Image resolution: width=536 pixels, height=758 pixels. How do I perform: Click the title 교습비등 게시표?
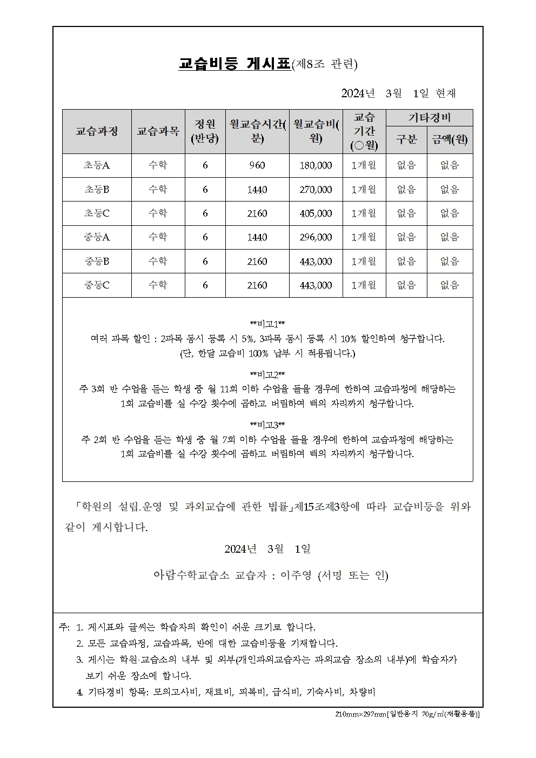[234, 64]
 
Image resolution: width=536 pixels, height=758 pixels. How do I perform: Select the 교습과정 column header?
[97, 131]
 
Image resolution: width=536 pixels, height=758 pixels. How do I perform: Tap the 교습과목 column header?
[158, 131]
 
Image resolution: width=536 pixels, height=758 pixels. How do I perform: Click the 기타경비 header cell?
[429, 118]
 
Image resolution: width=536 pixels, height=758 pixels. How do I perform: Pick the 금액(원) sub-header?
[450, 139]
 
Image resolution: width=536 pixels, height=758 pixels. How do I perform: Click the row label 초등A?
[97, 165]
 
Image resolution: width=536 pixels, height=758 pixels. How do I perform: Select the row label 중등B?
[97, 261]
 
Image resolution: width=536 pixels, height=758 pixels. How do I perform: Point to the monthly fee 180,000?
[316, 165]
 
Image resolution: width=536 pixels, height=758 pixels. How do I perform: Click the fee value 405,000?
[316, 213]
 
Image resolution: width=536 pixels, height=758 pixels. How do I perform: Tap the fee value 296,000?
[316, 237]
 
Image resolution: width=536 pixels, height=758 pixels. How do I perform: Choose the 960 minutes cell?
[257, 165]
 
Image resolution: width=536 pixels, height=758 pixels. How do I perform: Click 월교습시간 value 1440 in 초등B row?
[257, 190]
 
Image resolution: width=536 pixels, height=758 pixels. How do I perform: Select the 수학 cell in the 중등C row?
[158, 285]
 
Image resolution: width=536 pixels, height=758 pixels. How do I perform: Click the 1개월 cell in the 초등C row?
[364, 213]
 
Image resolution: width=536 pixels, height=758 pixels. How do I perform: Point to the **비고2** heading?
[267, 374]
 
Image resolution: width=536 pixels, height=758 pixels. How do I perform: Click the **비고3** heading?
[267, 425]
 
